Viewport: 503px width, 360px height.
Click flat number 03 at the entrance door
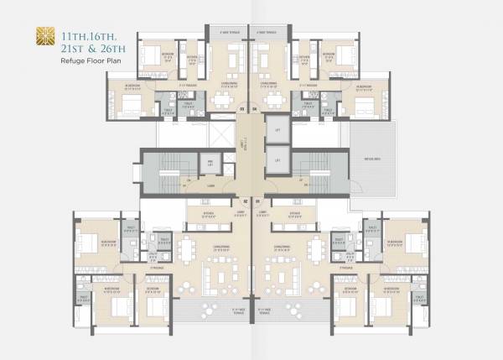241,108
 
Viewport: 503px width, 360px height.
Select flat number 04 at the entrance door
255,108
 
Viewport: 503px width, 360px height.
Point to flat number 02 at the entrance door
245,201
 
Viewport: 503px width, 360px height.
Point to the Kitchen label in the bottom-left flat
208,213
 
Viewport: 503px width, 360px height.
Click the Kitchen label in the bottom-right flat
294,213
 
